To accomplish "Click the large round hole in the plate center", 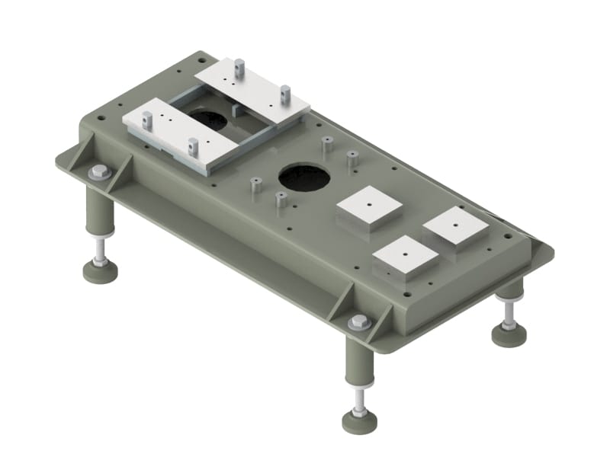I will [x=304, y=177].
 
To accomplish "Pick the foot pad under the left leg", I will [x=100, y=270].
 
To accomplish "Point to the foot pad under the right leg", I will [x=509, y=334].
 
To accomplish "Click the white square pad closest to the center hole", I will [x=369, y=207].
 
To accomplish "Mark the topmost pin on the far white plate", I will [x=239, y=67].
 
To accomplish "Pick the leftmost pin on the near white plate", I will [x=146, y=119].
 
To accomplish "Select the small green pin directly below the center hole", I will [x=281, y=200].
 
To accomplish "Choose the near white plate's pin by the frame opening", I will [x=193, y=143].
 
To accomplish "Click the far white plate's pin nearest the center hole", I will [x=284, y=93].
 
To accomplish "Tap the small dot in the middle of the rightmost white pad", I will [x=455, y=223].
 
